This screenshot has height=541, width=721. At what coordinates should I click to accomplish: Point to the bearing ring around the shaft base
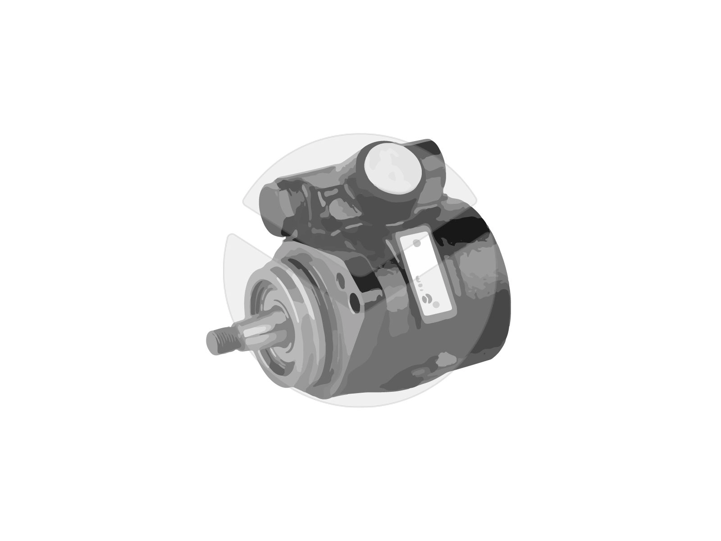tap(277, 329)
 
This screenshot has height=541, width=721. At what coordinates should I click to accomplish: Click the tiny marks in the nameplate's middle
tap(420, 282)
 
